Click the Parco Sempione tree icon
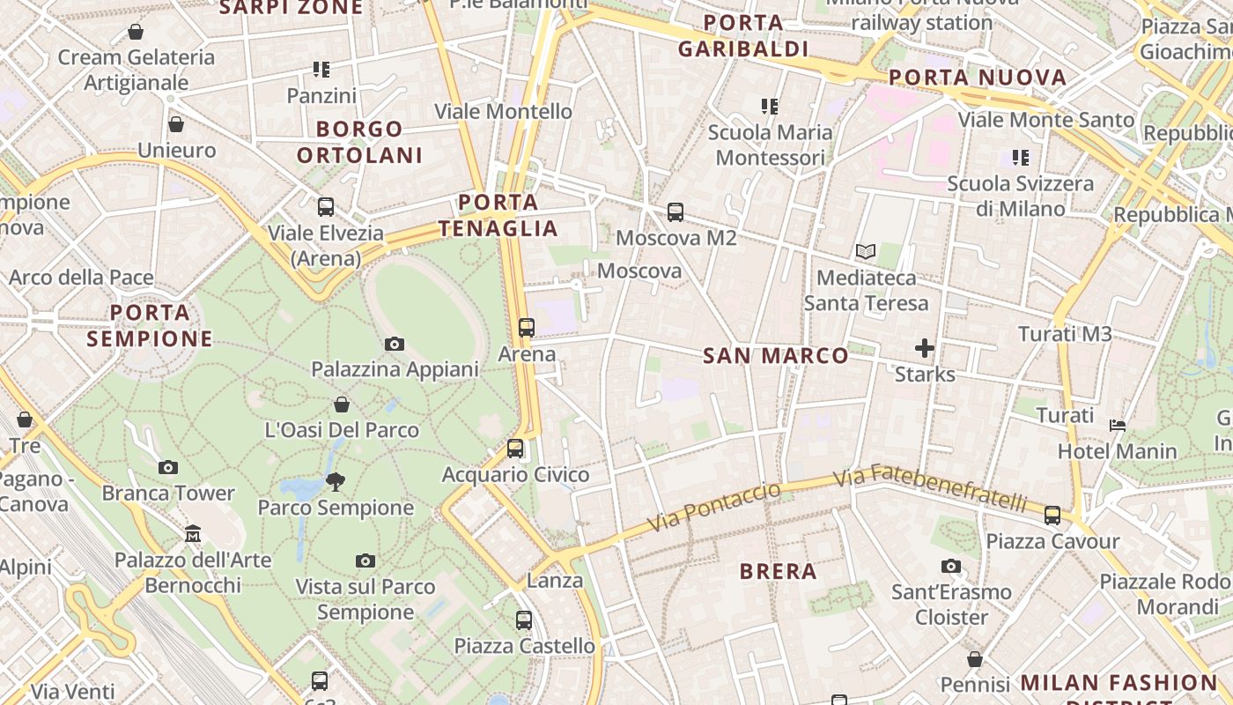click(335, 481)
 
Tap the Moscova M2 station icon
click(676, 212)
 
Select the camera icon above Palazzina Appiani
click(395, 344)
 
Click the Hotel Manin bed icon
click(1118, 426)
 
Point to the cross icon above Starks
click(925, 348)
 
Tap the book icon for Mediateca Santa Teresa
click(866, 252)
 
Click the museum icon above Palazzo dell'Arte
click(193, 533)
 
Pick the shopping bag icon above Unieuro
click(176, 124)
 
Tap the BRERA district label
click(779, 571)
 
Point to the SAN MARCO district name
click(776, 356)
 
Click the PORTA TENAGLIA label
click(498, 216)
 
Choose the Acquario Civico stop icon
click(515, 449)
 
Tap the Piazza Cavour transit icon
click(1052, 515)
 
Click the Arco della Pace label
click(81, 278)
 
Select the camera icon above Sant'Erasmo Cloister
click(951, 566)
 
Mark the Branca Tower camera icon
click(168, 467)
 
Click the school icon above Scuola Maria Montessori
click(770, 107)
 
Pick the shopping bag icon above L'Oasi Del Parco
click(342, 404)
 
